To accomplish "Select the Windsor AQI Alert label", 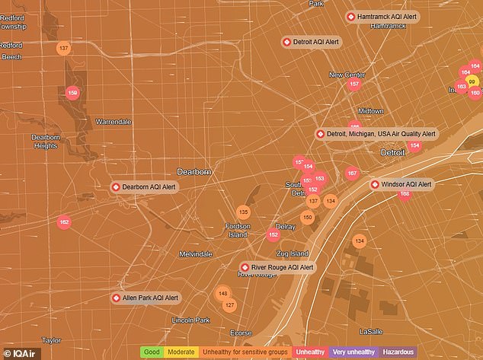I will (x=401, y=184).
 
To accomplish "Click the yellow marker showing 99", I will (x=472, y=82).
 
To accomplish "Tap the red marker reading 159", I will (x=73, y=93).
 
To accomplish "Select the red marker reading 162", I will (x=64, y=222).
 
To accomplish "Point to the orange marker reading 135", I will (x=243, y=212).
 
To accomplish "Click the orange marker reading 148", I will (x=222, y=294).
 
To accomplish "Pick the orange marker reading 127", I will (x=229, y=305).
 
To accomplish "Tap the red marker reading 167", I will (x=351, y=174).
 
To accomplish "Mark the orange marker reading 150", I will (x=307, y=218).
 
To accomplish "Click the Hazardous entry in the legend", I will (x=398, y=352).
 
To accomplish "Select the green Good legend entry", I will (x=152, y=352).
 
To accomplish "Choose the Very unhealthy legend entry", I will (x=353, y=352).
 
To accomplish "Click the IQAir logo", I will (x=18, y=352).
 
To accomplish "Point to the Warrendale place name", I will (x=114, y=122).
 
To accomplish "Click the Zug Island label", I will (x=293, y=253).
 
